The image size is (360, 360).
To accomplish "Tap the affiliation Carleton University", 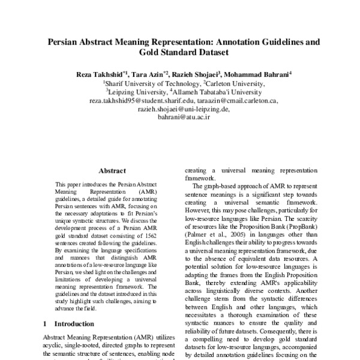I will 233,83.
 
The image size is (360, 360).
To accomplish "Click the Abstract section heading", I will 112,170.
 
